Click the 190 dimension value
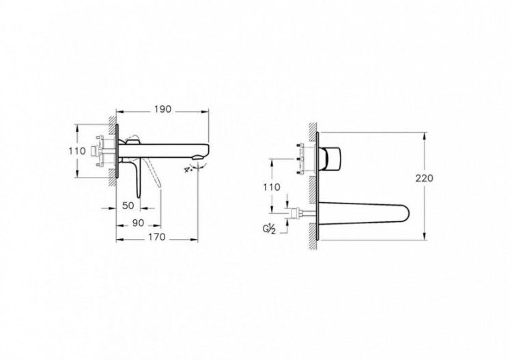tap(162, 109)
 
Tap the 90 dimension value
tap(137, 222)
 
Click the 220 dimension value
tap(424, 178)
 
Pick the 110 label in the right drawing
tap(272, 186)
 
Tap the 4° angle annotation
tap(188, 169)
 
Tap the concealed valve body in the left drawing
tap(101, 152)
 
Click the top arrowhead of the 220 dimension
tap(424, 133)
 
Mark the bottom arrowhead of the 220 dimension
tap(424, 237)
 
